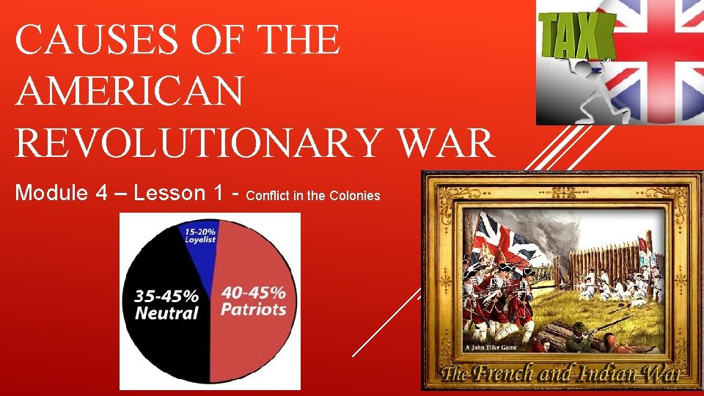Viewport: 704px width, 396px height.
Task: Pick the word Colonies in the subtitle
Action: [x=356, y=196]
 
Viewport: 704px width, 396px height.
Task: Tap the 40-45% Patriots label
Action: [x=254, y=301]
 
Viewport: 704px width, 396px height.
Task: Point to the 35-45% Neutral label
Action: [x=166, y=305]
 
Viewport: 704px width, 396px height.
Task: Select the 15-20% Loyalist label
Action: [x=199, y=233]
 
